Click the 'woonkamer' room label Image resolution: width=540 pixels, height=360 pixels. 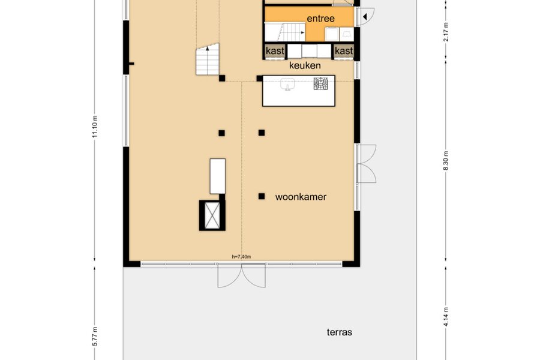[301, 197]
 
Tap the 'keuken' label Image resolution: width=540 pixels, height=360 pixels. [305, 65]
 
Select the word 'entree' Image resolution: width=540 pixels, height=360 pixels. [320, 19]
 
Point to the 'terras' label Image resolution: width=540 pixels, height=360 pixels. [339, 332]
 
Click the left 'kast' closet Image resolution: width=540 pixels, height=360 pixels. [275, 51]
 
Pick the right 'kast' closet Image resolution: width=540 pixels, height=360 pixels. [344, 51]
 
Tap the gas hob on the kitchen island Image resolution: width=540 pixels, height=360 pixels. [320, 84]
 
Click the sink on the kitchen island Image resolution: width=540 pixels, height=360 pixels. [287, 84]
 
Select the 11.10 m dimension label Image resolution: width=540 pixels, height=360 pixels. [95, 127]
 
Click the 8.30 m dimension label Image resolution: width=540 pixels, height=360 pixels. [446, 161]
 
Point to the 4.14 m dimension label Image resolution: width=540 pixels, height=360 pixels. [446, 317]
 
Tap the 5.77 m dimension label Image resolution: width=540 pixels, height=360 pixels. [95, 337]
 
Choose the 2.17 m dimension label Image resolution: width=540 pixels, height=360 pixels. [446, 32]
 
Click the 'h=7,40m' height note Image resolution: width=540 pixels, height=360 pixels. [241, 257]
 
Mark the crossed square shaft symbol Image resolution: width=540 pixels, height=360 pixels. [212, 215]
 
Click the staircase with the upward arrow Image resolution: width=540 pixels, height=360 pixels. [208, 59]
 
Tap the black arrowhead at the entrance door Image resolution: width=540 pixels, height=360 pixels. [365, 16]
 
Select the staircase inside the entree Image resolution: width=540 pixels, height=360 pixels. [285, 32]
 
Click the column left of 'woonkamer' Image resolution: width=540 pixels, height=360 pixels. [262, 196]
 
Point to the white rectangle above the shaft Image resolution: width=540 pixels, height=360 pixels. [218, 176]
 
